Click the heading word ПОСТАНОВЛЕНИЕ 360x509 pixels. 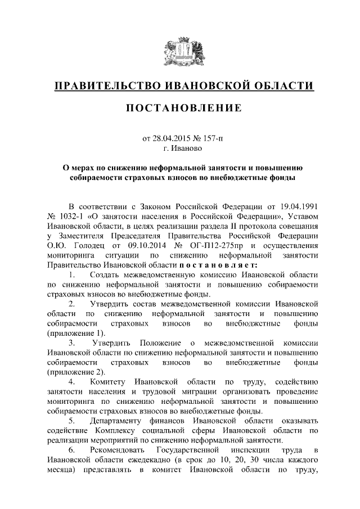[181, 107]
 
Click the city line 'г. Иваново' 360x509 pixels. [181, 149]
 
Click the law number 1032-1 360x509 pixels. [75, 215]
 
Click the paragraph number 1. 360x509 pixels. [71, 275]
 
